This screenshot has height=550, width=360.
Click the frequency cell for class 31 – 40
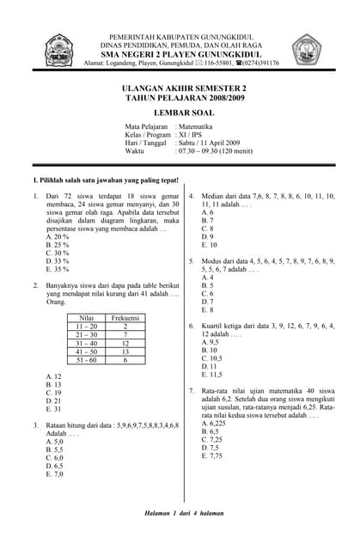pos(125,343)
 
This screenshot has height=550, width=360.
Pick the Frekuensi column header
pos(125,318)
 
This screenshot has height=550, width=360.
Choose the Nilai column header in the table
pos(87,318)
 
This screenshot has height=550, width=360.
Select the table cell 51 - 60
pos(87,360)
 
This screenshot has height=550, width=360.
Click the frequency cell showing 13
pos(125,351)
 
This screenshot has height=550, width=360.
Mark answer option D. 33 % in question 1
pos(58,260)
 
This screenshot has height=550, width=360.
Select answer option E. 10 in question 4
pos(209,245)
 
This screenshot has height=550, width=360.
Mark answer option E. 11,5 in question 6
pos(211,375)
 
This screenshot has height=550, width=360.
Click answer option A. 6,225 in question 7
pos(213,424)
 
